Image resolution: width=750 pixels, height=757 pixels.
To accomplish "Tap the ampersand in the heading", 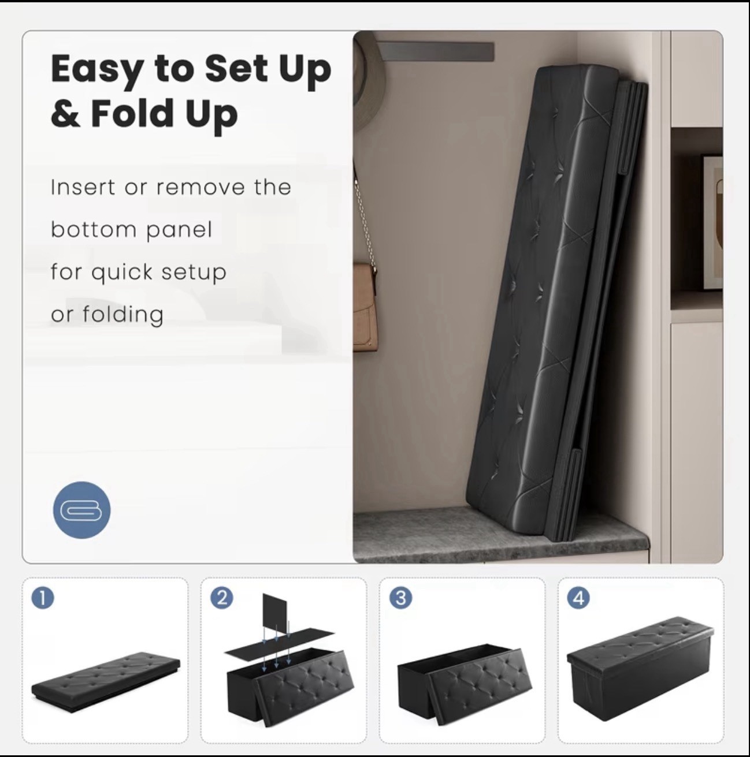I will pos(65,113).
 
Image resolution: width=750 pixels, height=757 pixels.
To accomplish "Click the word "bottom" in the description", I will pos(93,230).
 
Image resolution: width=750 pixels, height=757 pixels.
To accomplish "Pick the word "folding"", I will pos(123,315).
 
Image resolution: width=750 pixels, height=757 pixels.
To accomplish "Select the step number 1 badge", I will pos(43,598).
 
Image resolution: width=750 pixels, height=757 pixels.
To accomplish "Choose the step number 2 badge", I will pos(222,598).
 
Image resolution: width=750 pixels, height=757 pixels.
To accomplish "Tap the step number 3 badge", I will pos(400,598).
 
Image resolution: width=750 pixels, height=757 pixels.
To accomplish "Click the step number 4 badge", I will pos(579,598).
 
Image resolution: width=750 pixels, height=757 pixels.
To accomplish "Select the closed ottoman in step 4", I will pos(641,664).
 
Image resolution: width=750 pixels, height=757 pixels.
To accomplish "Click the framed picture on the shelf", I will pos(712,219).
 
